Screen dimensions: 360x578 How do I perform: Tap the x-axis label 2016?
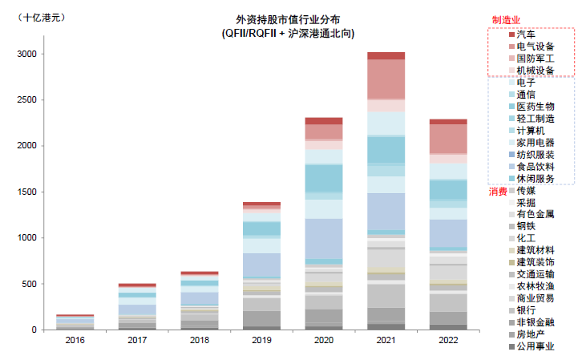click(75, 341)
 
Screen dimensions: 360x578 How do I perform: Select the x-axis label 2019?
click(261, 341)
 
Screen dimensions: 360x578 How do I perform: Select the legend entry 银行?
click(527, 310)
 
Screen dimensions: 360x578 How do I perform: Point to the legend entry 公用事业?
click(536, 346)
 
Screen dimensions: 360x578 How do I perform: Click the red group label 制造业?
click(507, 19)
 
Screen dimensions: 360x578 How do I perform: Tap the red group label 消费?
click(499, 192)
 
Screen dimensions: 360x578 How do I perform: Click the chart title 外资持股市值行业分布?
click(288, 19)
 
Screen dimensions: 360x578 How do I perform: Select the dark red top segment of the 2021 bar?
click(386, 55)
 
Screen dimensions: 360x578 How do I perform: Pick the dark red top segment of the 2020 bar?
click(323, 120)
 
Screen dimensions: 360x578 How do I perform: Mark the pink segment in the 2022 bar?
click(448, 139)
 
